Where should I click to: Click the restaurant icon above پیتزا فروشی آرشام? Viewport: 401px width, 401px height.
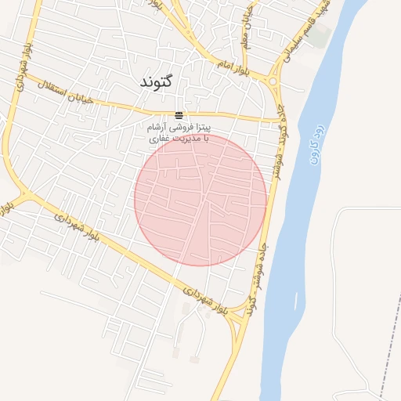pyautogui.click(x=179, y=114)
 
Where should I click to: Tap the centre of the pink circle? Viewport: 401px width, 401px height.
pyautogui.click(x=200, y=199)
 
